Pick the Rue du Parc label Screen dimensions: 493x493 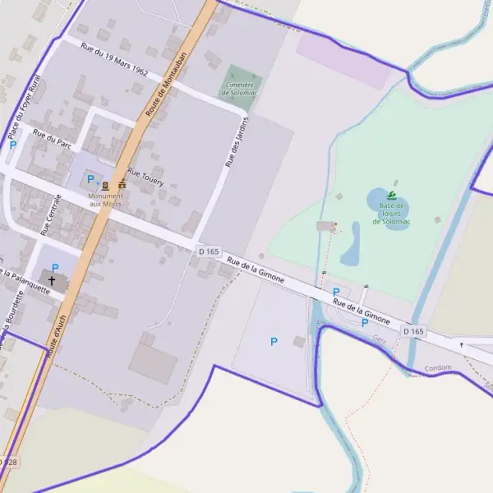tap(51, 137)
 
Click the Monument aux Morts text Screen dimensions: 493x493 tap(106, 200)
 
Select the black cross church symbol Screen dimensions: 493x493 tap(52, 280)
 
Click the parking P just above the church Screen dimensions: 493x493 tap(55, 268)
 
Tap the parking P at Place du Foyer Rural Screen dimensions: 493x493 tap(12, 145)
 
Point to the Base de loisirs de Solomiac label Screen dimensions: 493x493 tap(391, 214)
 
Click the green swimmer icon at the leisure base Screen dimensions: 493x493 tap(392, 196)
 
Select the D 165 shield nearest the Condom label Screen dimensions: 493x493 tap(414, 331)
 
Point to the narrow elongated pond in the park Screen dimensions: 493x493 tap(351, 245)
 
